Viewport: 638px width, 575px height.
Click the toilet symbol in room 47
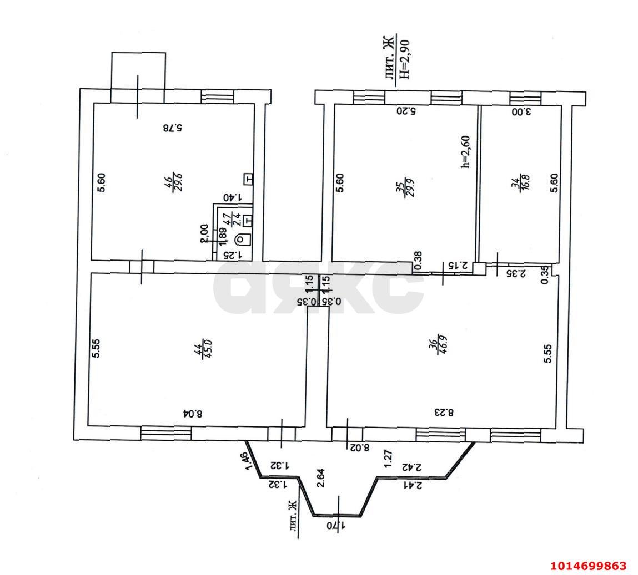[x=243, y=240]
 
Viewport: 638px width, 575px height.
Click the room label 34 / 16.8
[x=518, y=182]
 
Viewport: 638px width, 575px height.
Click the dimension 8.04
[x=193, y=413]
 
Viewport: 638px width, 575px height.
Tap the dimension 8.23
[x=444, y=413]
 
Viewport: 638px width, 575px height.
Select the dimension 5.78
[x=173, y=128]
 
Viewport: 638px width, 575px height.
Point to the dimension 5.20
[x=406, y=111]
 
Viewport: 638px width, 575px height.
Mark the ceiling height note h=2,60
[x=465, y=151]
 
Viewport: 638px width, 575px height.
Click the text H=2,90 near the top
[x=404, y=57]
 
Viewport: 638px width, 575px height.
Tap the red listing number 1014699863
[x=588, y=566]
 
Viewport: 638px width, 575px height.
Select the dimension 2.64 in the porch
[x=320, y=477]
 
